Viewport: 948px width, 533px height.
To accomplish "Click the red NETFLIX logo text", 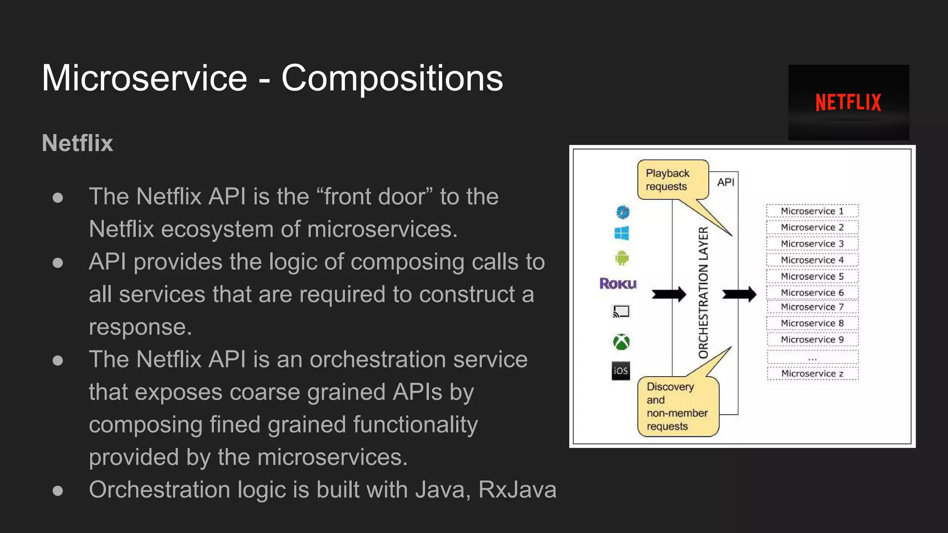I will click(x=848, y=102).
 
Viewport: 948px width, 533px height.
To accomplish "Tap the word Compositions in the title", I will click(x=392, y=78).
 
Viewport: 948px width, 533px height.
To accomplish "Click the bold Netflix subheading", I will click(x=77, y=143).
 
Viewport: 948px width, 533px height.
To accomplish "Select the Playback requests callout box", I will click(x=672, y=180).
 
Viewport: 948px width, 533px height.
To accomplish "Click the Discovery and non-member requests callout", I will click(x=677, y=406).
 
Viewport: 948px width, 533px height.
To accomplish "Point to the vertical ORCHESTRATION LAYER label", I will click(x=704, y=293).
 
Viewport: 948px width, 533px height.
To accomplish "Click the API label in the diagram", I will click(x=725, y=182).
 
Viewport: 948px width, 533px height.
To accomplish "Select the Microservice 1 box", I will click(x=812, y=211).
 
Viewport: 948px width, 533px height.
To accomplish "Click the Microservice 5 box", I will click(x=812, y=276).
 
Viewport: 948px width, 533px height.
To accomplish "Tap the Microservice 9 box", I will click(x=812, y=340).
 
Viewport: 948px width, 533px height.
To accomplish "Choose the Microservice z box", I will click(x=812, y=373).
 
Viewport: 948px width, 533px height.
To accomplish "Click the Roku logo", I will click(x=618, y=283).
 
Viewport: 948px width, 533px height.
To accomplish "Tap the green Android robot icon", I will click(x=622, y=258).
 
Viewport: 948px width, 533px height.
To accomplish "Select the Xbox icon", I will click(x=621, y=342).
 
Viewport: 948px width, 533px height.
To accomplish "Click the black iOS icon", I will click(x=621, y=371).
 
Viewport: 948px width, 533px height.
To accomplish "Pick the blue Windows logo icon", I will click(x=622, y=233).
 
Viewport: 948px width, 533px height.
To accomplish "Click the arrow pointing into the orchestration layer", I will click(x=669, y=294).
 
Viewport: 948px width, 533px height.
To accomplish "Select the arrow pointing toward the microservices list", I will click(x=739, y=294).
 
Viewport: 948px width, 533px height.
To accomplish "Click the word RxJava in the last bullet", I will click(x=517, y=490).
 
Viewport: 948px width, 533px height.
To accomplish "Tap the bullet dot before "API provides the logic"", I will click(x=58, y=263).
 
